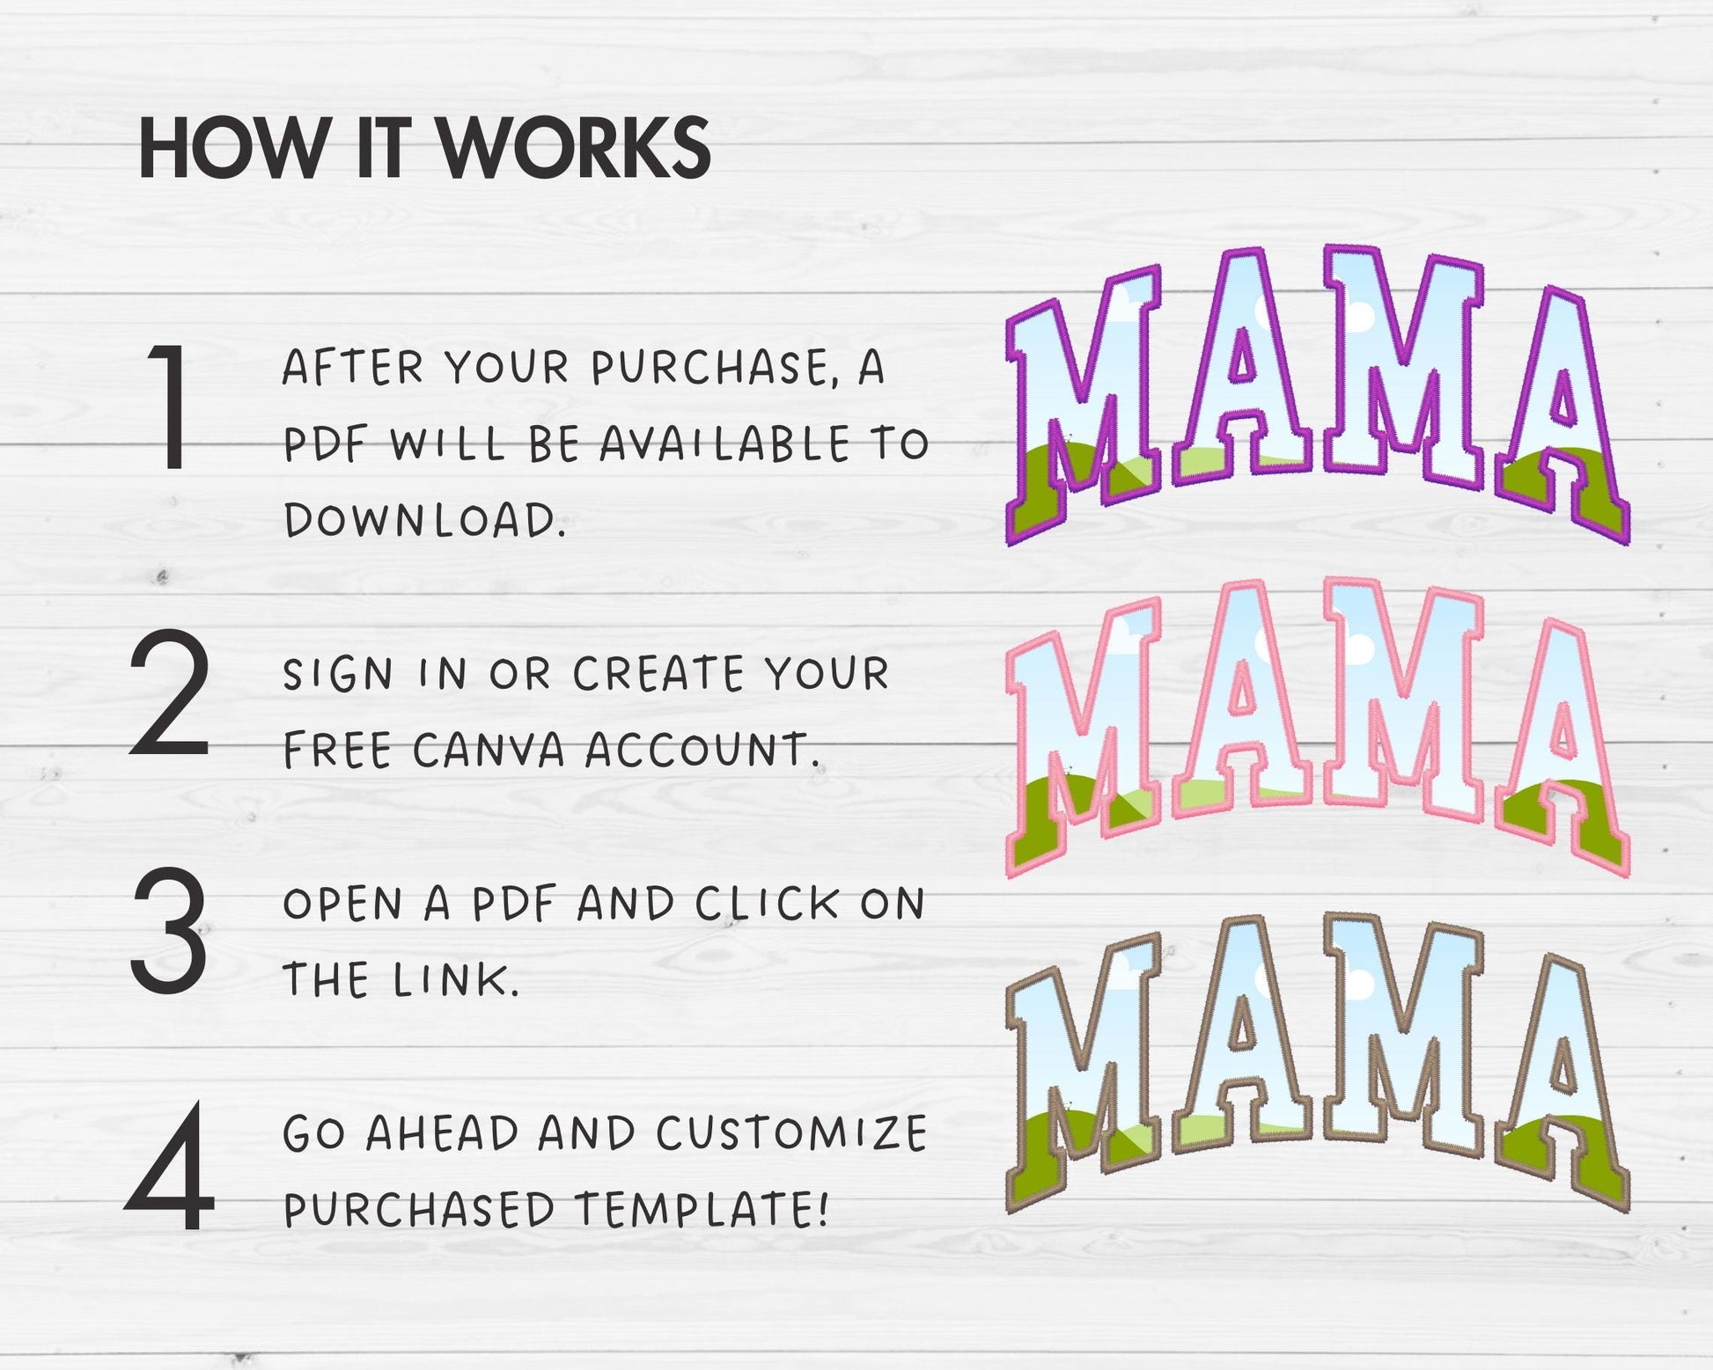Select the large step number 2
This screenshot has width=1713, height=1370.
[169, 692]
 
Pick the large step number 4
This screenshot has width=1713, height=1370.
[169, 1166]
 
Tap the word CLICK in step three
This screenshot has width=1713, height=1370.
[768, 904]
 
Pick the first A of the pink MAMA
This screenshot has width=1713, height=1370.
[1243, 695]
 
